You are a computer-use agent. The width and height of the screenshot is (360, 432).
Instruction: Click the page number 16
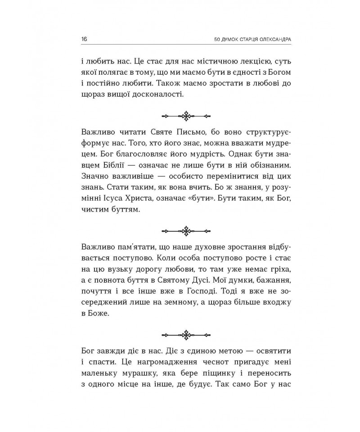click(84, 39)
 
